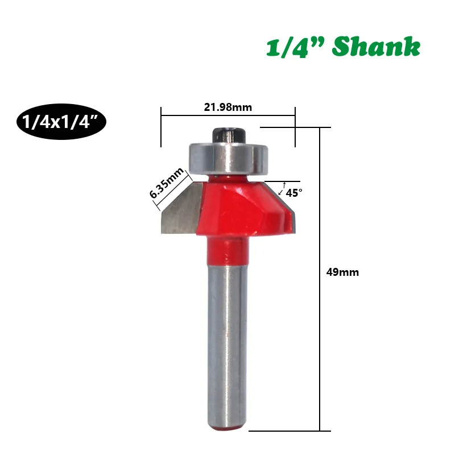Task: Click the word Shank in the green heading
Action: pos(376,47)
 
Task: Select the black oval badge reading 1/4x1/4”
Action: pos(61,122)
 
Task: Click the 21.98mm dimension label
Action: pos(228,107)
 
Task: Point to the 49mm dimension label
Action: pos(342,272)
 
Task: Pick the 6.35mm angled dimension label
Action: pos(167,183)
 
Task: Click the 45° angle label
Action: pos(294,193)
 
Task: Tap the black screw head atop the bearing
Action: pos(230,135)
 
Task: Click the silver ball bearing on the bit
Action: pos(228,159)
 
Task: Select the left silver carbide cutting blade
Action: pos(181,208)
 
